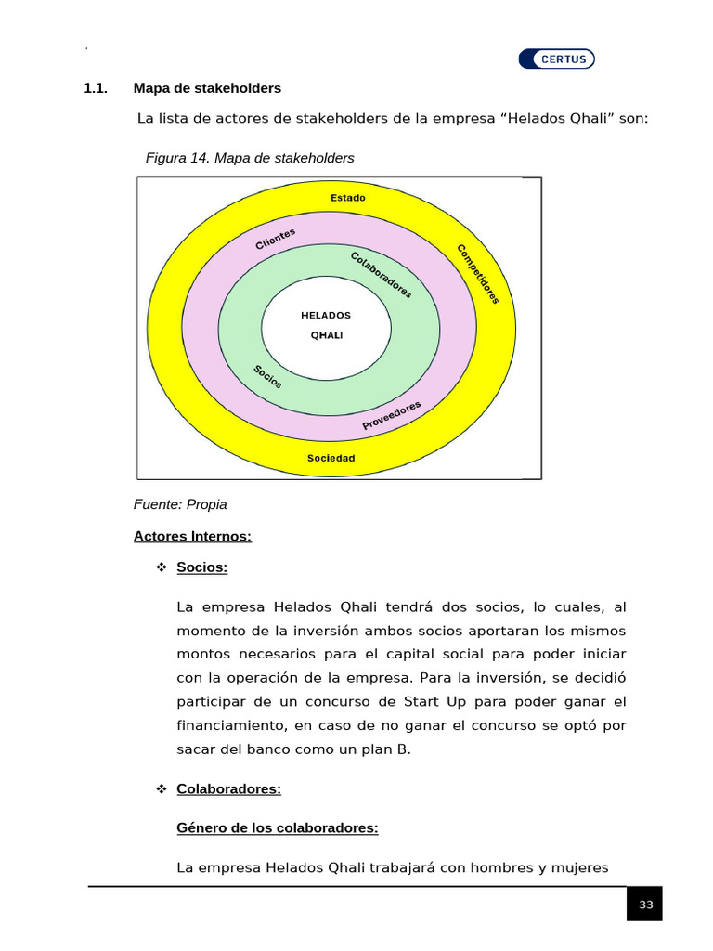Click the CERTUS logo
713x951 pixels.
tap(557, 59)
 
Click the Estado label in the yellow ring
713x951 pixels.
tap(348, 198)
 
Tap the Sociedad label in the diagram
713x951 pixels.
tap(331, 458)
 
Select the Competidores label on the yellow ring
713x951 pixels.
tap(478, 274)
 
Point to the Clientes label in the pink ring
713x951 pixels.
tap(276, 239)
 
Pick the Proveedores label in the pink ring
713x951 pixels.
tap(392, 415)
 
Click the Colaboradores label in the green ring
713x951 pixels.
tap(382, 274)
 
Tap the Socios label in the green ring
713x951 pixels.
tap(268, 376)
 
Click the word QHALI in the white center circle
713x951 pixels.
tap(326, 335)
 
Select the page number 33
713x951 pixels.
tap(645, 905)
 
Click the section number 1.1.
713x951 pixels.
tap(96, 88)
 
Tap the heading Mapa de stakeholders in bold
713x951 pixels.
tap(207, 88)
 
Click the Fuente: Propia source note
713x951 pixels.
tap(180, 504)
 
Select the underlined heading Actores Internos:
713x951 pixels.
tap(192, 536)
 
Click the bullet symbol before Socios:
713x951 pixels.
tap(160, 567)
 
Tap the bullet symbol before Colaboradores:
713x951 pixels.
tap(160, 788)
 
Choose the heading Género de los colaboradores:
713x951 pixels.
tap(277, 827)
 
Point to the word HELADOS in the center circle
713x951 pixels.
tap(326, 315)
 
